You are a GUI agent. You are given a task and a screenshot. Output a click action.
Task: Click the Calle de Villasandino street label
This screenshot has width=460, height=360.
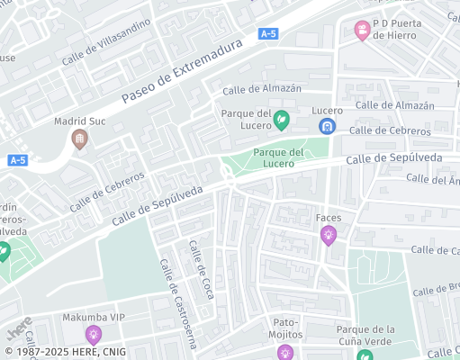pyautogui.click(x=105, y=41)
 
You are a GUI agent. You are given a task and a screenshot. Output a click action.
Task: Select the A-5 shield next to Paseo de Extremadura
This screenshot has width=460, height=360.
pyautogui.click(x=267, y=33)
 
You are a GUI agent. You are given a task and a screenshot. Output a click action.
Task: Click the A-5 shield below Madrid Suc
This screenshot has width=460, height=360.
pyautogui.click(x=17, y=160)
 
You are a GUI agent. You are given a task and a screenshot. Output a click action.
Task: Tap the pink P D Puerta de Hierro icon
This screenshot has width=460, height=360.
pyautogui.click(x=363, y=31)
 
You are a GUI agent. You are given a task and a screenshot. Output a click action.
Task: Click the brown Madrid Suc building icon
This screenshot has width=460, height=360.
pyautogui.click(x=79, y=139)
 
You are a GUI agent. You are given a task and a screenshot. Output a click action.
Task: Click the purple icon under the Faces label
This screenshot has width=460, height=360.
pyautogui.click(x=329, y=236)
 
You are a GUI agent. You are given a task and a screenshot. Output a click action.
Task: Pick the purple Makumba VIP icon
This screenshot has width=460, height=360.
pyautogui.click(x=93, y=336)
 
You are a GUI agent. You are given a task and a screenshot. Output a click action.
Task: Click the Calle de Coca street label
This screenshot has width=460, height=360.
pyautogui.click(x=201, y=270)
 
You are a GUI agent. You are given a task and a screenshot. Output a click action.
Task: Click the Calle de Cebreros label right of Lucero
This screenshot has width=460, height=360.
pyautogui.click(x=390, y=130)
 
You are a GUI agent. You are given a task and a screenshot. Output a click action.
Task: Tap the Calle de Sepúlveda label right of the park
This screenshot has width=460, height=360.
pyautogui.click(x=393, y=159)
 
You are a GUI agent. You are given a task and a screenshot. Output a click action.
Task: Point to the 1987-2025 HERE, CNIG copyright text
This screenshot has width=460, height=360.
pyautogui.click(x=64, y=352)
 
